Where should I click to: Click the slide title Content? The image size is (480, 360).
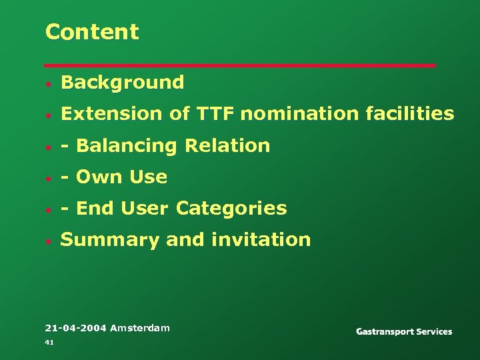[92, 32]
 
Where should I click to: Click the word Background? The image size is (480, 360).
[122, 83]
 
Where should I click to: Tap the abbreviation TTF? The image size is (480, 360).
[215, 114]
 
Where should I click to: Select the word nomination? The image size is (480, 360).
[299, 114]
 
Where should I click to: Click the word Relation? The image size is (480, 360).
[227, 145]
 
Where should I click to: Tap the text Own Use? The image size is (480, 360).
[122, 177]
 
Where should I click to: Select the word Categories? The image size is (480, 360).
[231, 209]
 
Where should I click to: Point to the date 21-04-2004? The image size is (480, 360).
[75, 328]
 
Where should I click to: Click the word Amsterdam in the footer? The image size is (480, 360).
[140, 328]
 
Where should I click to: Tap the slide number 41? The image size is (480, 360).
[49, 342]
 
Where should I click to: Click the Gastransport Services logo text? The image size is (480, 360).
[404, 331]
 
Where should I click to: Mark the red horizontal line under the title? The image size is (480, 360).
[240, 65]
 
